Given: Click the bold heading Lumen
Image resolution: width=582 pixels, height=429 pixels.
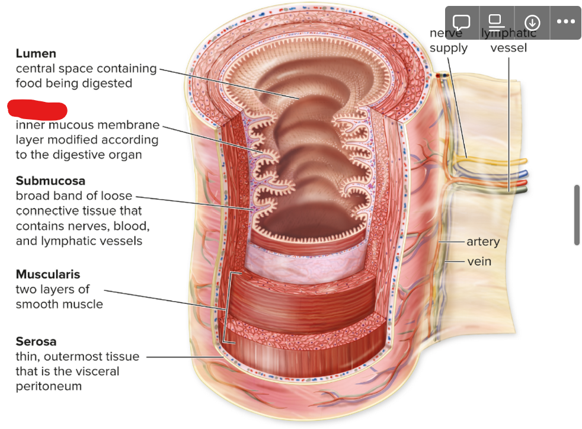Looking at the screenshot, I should pyautogui.click(x=36, y=53).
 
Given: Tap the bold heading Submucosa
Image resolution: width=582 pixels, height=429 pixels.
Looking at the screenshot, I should pyautogui.click(x=50, y=181).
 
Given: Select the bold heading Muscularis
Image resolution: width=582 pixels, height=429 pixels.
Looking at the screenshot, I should pyautogui.click(x=48, y=274).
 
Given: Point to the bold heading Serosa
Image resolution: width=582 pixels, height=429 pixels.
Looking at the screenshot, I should pyautogui.click(x=36, y=342).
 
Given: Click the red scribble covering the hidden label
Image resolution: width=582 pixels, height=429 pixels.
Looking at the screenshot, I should pyautogui.click(x=37, y=110).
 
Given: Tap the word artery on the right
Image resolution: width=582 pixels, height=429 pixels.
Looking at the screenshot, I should pyautogui.click(x=483, y=242).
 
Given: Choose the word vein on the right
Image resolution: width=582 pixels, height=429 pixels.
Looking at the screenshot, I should pyautogui.click(x=479, y=261).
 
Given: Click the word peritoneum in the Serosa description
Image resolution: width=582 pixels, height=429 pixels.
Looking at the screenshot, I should pyautogui.click(x=49, y=387).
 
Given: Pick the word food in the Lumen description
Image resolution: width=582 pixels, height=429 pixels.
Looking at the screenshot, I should pyautogui.click(x=28, y=84).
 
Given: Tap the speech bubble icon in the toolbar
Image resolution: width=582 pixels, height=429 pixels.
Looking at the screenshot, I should pyautogui.click(x=462, y=23).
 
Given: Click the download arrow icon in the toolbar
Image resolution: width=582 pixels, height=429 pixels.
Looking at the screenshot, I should pyautogui.click(x=532, y=23).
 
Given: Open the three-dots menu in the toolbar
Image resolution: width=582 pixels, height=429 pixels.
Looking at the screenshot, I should pyautogui.click(x=565, y=23).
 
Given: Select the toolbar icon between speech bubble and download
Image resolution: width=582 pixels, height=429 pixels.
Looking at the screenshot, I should pyautogui.click(x=497, y=23).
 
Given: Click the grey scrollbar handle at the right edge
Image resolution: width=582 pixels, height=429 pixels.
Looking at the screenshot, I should pyautogui.click(x=577, y=214).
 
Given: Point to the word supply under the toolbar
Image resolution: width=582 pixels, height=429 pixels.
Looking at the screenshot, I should pyautogui.click(x=449, y=48).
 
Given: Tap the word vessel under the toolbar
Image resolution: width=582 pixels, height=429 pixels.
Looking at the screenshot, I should pyautogui.click(x=509, y=48).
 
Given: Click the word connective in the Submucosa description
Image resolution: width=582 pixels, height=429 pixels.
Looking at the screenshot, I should pyautogui.click(x=46, y=212).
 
